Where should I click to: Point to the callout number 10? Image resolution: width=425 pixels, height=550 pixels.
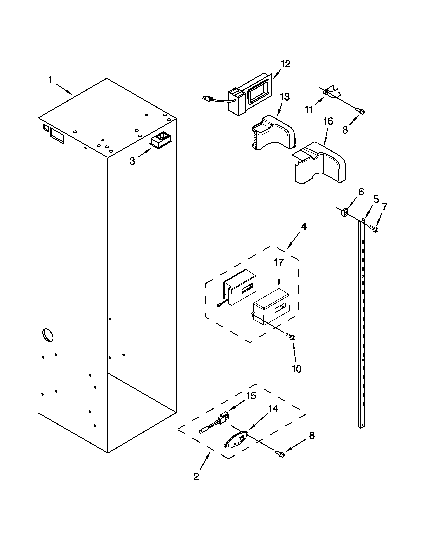pyautogui.click(x=297, y=369)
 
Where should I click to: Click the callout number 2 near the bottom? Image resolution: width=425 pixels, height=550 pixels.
pyautogui.click(x=196, y=476)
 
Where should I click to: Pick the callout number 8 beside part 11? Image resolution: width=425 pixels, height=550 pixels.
pyautogui.click(x=345, y=130)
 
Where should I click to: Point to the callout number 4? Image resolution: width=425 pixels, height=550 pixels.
pyautogui.click(x=304, y=227)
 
